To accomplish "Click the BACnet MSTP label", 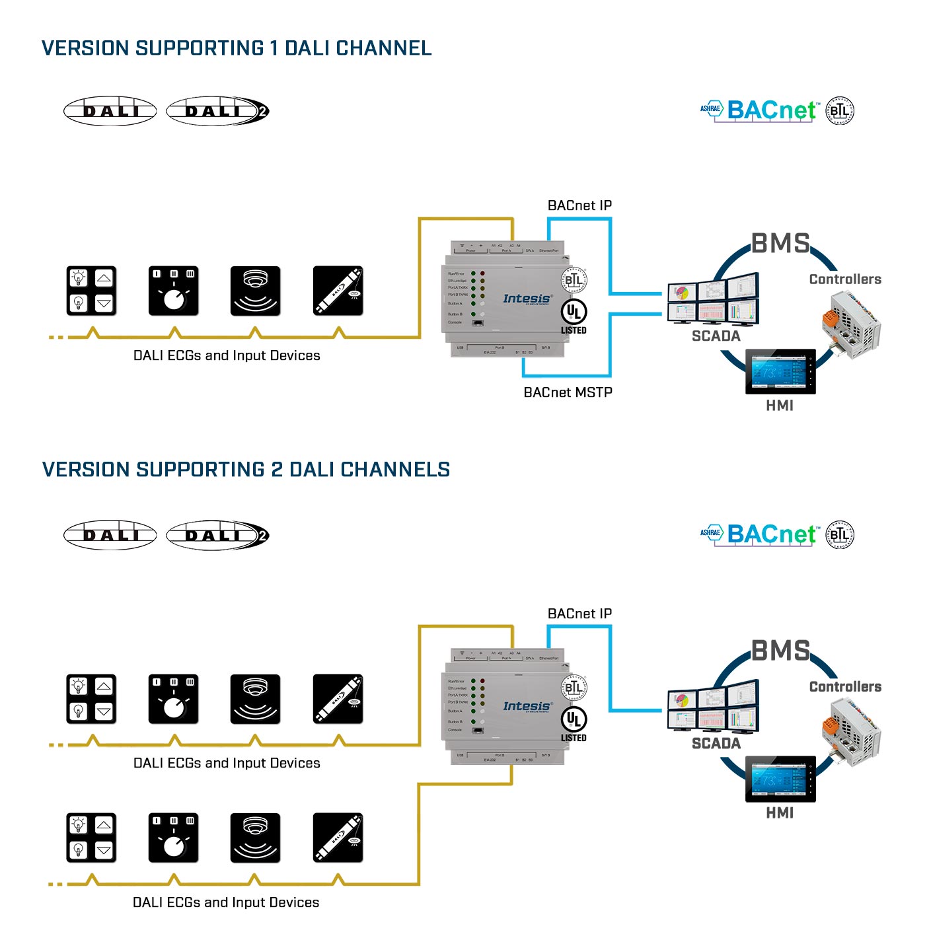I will pos(568,392).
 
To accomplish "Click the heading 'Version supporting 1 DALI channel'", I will pos(237,48).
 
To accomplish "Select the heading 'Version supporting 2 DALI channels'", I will pos(246,470).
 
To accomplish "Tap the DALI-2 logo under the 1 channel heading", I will pos(217,111).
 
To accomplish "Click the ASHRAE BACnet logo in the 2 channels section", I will pos(760,534).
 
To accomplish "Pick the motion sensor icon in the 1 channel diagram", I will pos(255,291).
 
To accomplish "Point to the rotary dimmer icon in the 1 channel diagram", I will pos(173,291).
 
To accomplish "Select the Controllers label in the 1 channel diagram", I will pos(845,279).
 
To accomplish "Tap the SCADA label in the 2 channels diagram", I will pos(716,743).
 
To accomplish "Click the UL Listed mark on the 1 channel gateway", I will pos(574,316).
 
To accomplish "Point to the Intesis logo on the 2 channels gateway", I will pos(527,706).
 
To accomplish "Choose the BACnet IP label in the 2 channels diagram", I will pos(579,614).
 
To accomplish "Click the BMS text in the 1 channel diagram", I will pos(780,244).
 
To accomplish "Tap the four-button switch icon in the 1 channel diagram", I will pos(91,291).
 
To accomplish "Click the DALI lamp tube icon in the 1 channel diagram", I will pos(338,291).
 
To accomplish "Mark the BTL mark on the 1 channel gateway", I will pos(574,280).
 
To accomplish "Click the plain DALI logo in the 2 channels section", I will pos(110,535).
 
